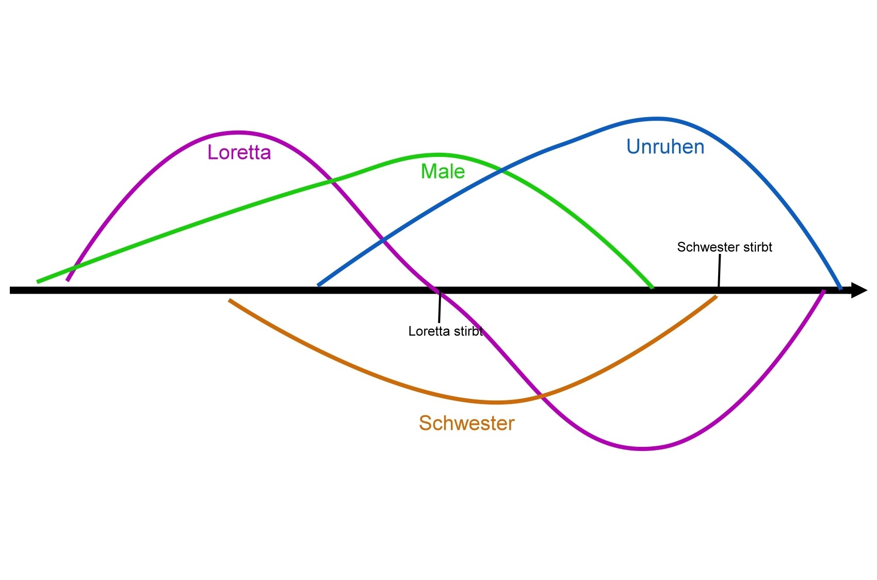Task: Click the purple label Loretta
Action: pos(239,153)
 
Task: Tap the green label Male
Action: pos(443,171)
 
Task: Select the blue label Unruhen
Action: pos(665,147)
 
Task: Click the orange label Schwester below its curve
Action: pos(466,423)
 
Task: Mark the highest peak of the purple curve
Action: pos(238,132)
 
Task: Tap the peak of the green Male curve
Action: pos(437,154)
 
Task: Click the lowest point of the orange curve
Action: pos(496,402)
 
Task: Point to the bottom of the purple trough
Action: pos(642,448)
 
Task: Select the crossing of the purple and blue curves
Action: pos(383,240)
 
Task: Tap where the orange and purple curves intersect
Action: pos(540,396)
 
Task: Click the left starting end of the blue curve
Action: pos(319,284)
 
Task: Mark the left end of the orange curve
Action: pos(230,300)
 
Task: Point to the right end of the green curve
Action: pos(652,287)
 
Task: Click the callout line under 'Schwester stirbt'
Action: pos(719,270)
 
